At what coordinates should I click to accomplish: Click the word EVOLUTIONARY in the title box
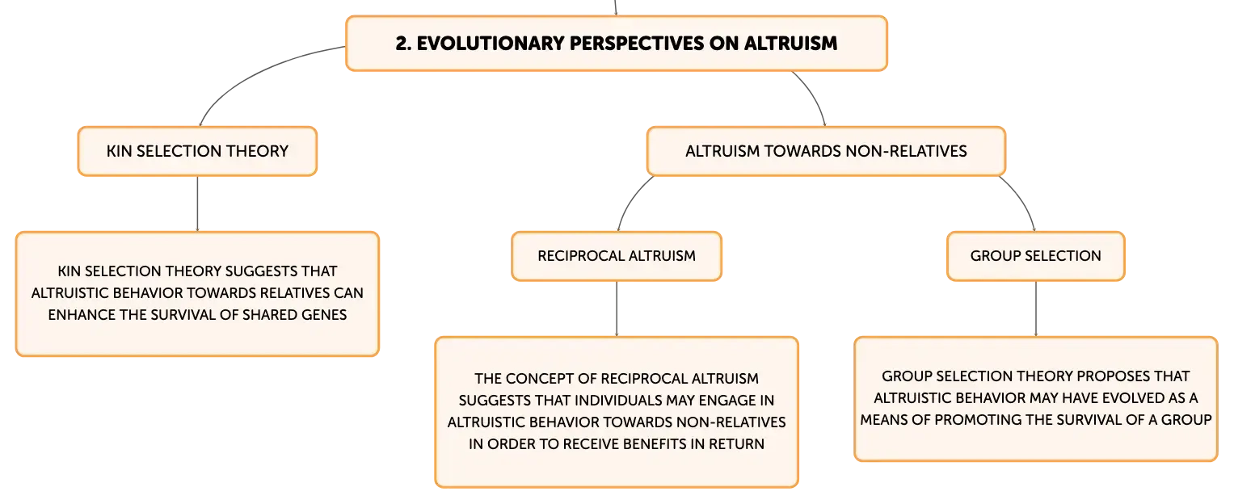(x=491, y=44)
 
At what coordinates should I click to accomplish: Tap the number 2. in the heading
(x=403, y=44)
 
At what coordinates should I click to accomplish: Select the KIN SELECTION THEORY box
(x=197, y=152)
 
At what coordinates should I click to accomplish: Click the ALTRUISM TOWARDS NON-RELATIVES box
(x=826, y=152)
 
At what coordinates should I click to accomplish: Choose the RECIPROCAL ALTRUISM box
(x=617, y=256)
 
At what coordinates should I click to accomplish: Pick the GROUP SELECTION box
(x=1036, y=256)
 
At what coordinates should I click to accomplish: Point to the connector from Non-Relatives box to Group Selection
(x=1022, y=199)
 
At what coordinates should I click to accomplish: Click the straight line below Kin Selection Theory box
(x=197, y=204)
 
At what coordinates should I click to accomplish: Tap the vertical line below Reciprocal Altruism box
(x=617, y=309)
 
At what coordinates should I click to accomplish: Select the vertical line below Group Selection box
(x=1036, y=309)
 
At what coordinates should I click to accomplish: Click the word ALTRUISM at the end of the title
(x=790, y=44)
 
